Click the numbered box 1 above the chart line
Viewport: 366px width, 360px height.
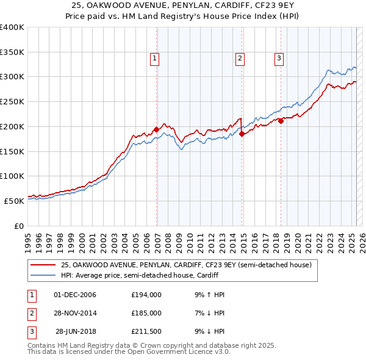[154, 59]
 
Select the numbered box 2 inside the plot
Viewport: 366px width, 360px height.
[240, 59]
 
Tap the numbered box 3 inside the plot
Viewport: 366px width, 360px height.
[279, 59]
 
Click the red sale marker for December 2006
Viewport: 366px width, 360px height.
[157, 129]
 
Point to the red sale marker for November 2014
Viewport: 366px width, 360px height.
[242, 134]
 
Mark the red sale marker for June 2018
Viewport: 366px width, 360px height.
[281, 121]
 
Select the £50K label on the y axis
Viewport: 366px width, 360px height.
[14, 201]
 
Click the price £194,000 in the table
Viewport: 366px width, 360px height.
[146, 295]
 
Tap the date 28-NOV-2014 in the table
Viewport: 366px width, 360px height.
[76, 313]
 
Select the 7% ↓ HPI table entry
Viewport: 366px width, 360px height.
[209, 313]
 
